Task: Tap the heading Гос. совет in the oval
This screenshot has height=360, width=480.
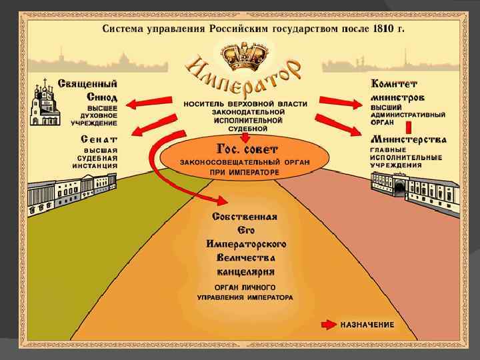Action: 244,147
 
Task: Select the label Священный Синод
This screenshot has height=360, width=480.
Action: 89,90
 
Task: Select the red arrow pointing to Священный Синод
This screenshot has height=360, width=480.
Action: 146,104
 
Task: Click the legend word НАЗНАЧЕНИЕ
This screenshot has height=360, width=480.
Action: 367,325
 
